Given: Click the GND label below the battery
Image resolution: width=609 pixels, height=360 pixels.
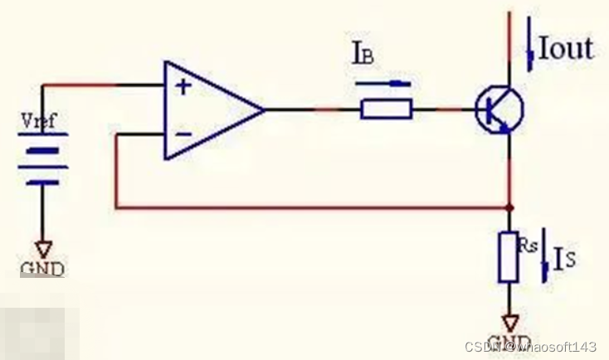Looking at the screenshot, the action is tap(41, 268).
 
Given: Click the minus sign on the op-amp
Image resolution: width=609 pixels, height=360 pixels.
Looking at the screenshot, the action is tap(183, 133).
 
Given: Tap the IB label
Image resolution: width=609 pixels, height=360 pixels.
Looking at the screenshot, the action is tap(363, 56).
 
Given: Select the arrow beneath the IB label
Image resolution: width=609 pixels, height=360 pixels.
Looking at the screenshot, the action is tap(383, 83).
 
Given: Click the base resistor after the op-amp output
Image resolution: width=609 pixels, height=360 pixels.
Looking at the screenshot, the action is tap(386, 109).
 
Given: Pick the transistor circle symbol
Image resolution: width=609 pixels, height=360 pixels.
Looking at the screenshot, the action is tap(499, 109).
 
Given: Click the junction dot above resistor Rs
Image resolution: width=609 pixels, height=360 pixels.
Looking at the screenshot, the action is tap(509, 207).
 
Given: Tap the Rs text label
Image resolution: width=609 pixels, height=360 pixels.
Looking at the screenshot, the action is tap(529, 245).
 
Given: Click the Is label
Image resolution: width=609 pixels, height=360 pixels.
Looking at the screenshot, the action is tap(565, 259).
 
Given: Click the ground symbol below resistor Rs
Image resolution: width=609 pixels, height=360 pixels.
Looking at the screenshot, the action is tap(509, 321).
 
